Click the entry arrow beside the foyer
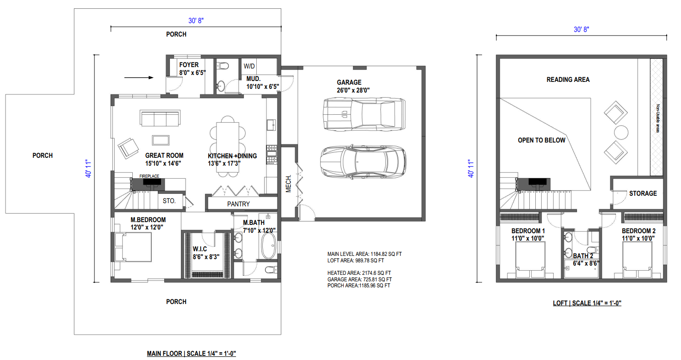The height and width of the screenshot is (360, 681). (139, 78)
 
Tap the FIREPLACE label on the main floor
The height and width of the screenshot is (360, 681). (149, 176)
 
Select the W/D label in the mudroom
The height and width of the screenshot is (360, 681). (249, 66)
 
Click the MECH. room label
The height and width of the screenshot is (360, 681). (289, 183)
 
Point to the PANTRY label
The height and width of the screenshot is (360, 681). (238, 204)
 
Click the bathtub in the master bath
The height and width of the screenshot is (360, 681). (268, 246)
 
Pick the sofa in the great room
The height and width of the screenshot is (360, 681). (160, 118)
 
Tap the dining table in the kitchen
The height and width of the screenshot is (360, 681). (228, 147)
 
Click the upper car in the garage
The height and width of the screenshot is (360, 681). (364, 114)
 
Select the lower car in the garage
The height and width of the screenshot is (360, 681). (363, 162)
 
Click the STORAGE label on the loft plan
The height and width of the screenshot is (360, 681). (643, 193)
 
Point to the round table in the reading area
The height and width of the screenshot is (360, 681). (621, 132)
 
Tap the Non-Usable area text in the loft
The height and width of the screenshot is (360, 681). (658, 118)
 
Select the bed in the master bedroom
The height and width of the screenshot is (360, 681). (133, 247)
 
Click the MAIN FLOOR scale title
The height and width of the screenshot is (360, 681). (192, 354)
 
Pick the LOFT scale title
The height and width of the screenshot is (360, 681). (587, 303)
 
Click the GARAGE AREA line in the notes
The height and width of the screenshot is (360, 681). (359, 279)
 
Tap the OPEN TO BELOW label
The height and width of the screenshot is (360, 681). (542, 140)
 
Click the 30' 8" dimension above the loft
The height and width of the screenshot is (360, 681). (581, 30)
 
